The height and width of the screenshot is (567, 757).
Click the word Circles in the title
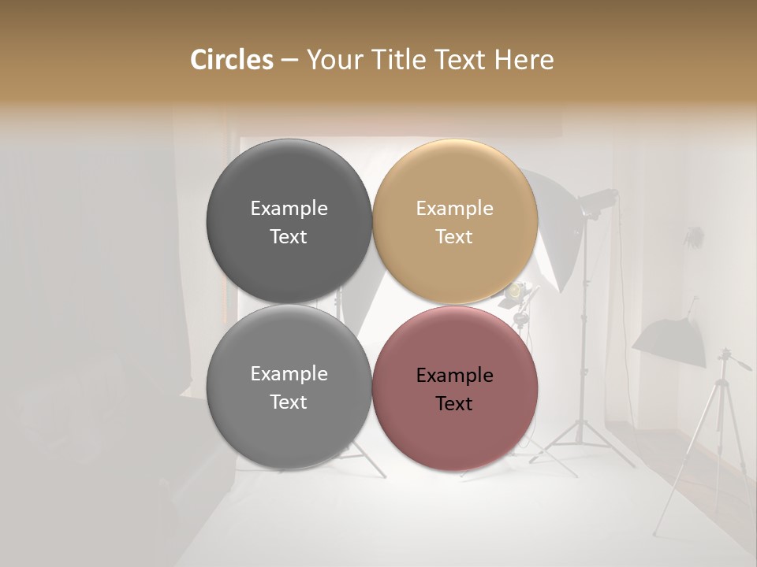[231, 60]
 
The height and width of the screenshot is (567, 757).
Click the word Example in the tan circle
[454, 209]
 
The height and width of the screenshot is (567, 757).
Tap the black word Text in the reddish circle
[454, 404]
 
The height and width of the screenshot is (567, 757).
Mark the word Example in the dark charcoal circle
[289, 209]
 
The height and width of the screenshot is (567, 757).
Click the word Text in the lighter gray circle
[289, 402]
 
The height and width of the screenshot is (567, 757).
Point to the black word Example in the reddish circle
[454, 376]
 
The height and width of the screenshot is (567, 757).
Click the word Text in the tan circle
[454, 237]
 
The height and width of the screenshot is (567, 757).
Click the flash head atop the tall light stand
[599, 200]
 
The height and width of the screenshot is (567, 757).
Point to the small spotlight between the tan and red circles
[515, 292]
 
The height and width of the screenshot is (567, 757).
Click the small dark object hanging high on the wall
[693, 235]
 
